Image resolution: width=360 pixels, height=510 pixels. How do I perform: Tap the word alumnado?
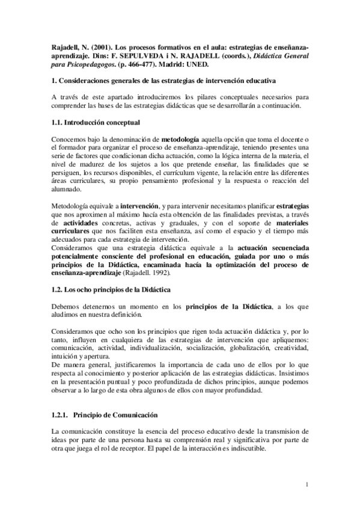pyautogui.click(x=68, y=188)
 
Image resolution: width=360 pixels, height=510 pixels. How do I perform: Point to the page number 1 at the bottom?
pyautogui.click(x=307, y=485)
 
